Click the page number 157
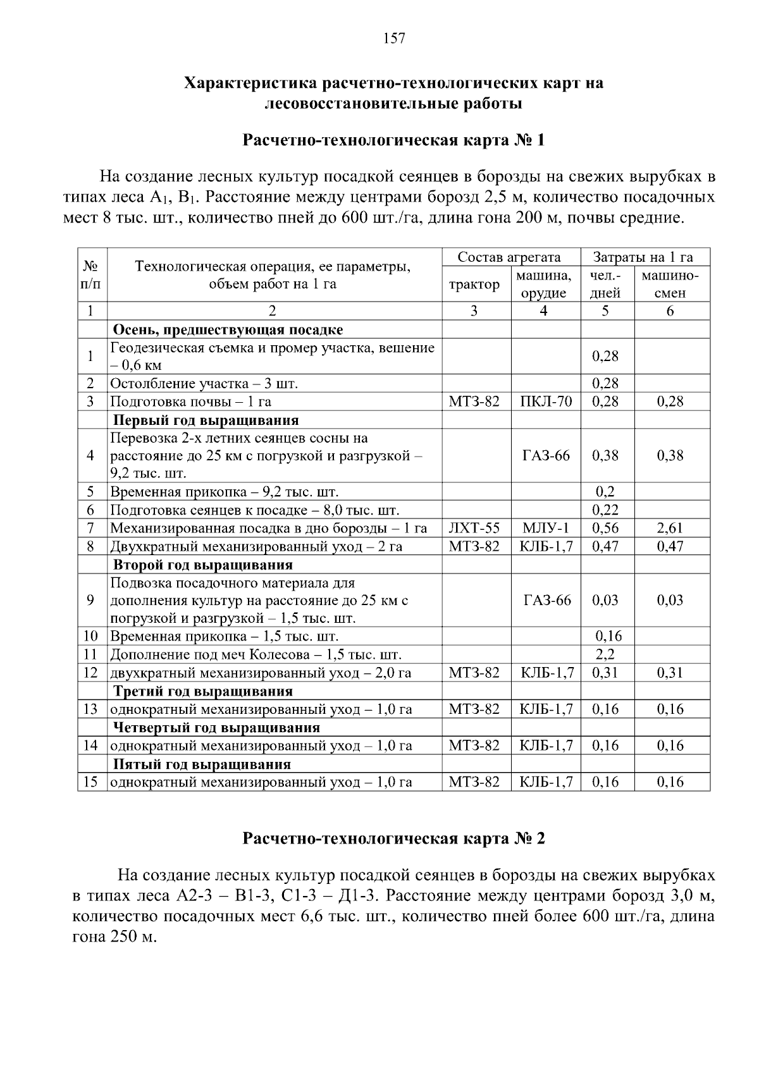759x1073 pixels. (394, 39)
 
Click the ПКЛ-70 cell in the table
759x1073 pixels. (545, 402)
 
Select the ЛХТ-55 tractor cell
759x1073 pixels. (474, 528)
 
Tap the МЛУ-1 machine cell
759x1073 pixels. (545, 528)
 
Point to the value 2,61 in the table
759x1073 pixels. (670, 528)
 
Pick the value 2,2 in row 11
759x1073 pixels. (605, 654)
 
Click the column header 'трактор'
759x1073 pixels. (474, 285)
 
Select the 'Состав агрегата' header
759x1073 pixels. (509, 257)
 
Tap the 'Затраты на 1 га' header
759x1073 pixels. (643, 257)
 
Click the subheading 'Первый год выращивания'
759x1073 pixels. (206, 420)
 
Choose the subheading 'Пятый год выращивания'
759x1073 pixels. (202, 764)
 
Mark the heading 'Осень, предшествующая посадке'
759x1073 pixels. (228, 329)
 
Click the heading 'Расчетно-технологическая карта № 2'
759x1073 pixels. (393, 838)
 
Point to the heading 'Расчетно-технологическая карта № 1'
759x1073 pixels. (393, 140)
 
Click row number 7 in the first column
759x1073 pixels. (91, 528)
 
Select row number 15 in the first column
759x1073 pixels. (91, 782)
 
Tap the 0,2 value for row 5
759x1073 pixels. (605, 492)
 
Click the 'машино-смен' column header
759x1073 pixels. (670, 285)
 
